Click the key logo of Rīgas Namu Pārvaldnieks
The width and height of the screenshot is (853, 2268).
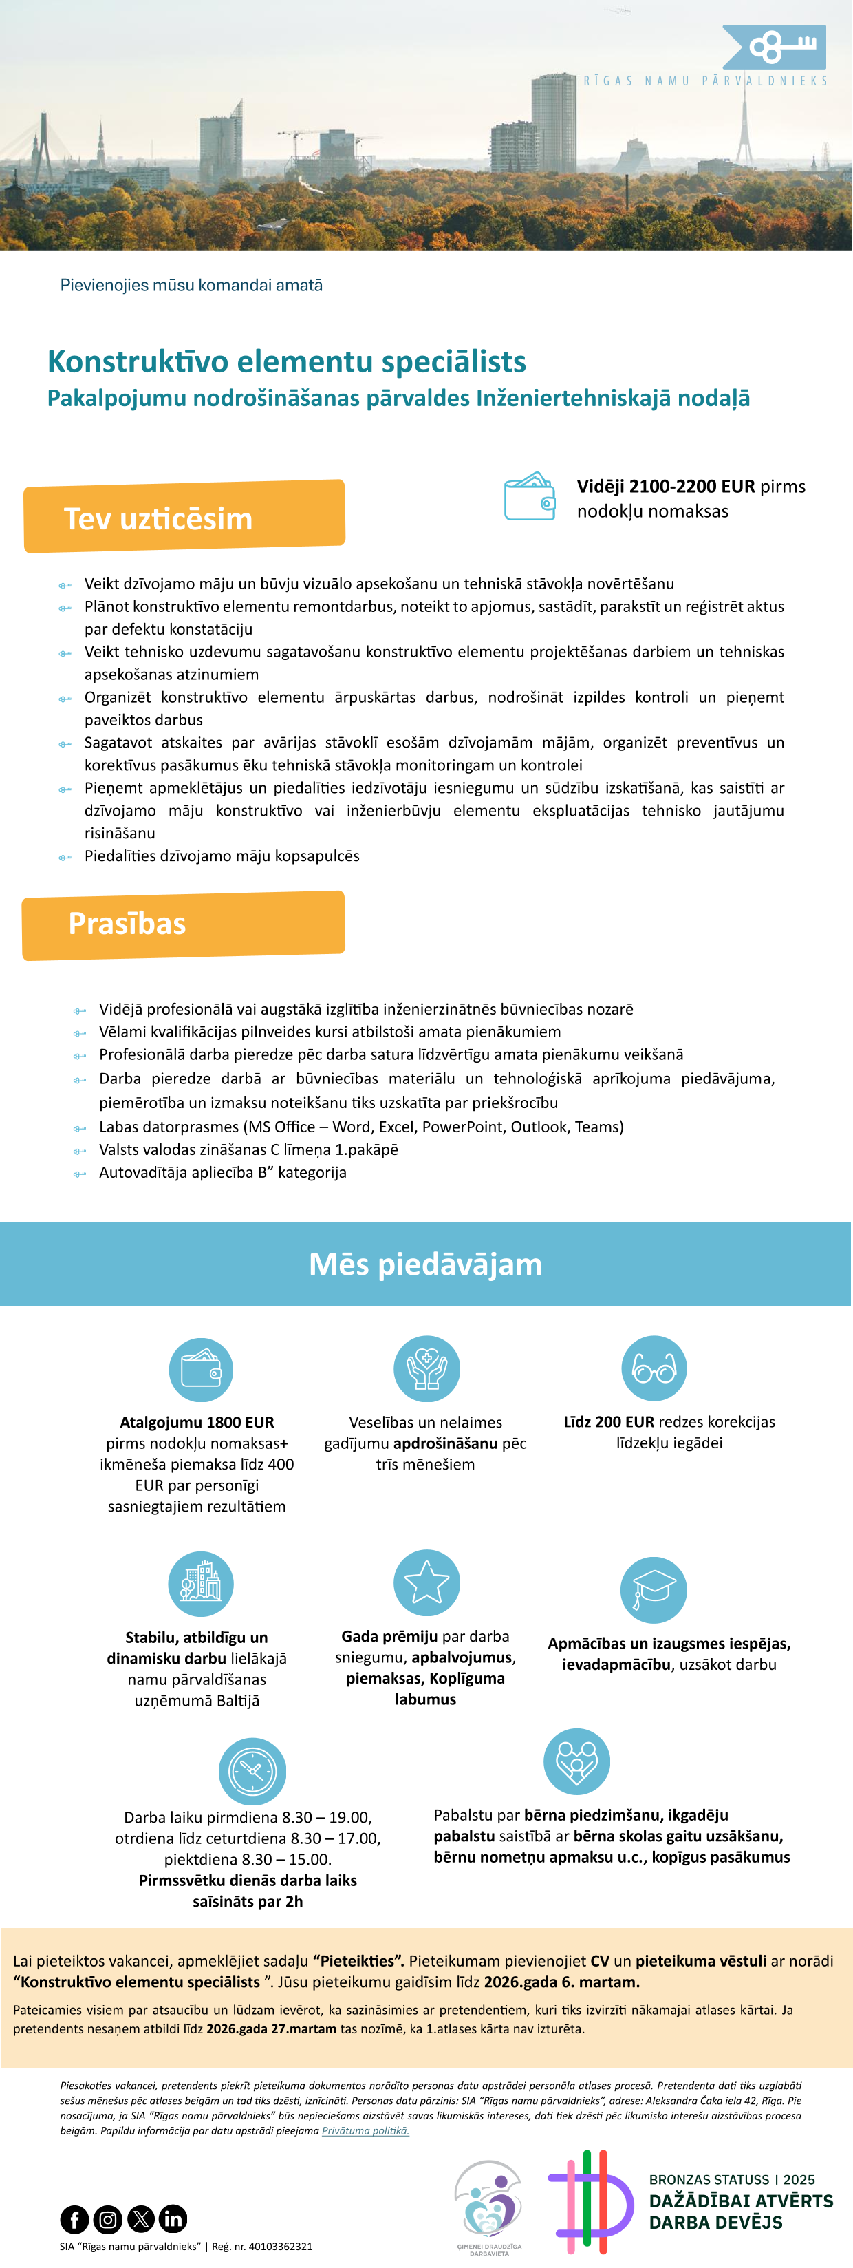[x=774, y=47]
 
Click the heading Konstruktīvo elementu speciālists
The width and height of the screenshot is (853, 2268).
[x=286, y=361]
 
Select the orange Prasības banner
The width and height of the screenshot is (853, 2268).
[x=183, y=924]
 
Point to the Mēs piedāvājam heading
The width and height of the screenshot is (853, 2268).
[x=425, y=1264]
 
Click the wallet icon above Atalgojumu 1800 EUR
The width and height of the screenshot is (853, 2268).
[x=201, y=1370]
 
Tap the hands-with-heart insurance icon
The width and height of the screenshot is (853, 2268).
[x=426, y=1369]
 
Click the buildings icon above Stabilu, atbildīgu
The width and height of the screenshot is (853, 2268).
[x=201, y=1583]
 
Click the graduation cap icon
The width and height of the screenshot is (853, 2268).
[x=654, y=1589]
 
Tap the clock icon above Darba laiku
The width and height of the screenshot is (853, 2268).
[x=252, y=1770]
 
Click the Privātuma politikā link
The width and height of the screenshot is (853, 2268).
[x=365, y=2130]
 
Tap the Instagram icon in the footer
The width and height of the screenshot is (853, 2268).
[x=107, y=2218]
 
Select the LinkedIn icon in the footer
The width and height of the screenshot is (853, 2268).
[x=173, y=2218]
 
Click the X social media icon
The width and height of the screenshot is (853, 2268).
[x=140, y=2218]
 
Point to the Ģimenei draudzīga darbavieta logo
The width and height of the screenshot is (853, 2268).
[x=488, y=2206]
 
